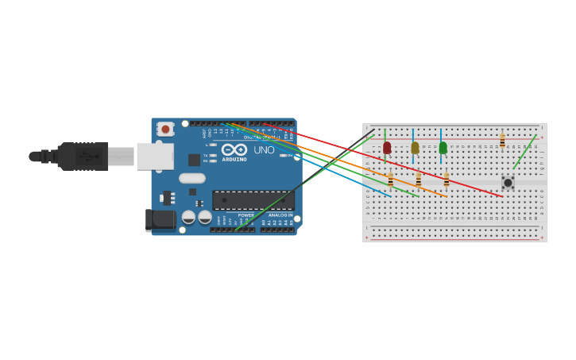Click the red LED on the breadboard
pyautogui.click(x=387, y=147)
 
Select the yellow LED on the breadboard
pyautogui.click(x=415, y=147)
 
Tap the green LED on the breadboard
pyautogui.click(x=443, y=147)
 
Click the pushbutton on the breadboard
pyautogui.click(x=508, y=183)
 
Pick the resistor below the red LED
pyautogui.click(x=390, y=180)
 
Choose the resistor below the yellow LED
pyautogui.click(x=419, y=180)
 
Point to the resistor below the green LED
pyautogui.click(x=446, y=180)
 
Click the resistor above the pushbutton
pyautogui.click(x=502, y=141)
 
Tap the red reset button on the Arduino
pyautogui.click(x=165, y=129)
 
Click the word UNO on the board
pyautogui.click(x=264, y=149)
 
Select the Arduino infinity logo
pyautogui.click(x=234, y=149)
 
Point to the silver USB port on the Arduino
pyautogui.click(x=154, y=157)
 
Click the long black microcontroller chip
pyautogui.click(x=253, y=200)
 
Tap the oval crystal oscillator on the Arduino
pyautogui.click(x=191, y=179)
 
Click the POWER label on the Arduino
pyautogui.click(x=246, y=215)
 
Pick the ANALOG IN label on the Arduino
pyautogui.click(x=279, y=215)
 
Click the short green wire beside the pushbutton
pyautogui.click(x=524, y=152)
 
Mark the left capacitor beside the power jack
pyautogui.click(x=188, y=217)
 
